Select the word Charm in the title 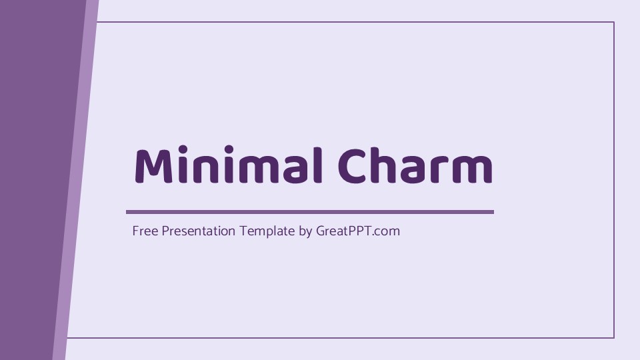[x=415, y=166]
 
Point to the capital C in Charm [x=352, y=167]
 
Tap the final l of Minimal [x=318, y=166]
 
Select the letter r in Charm [x=439, y=170]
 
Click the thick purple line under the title [x=310, y=212]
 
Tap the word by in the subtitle [x=305, y=232]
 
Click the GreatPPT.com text [x=358, y=231]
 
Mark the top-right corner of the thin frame [x=613, y=22]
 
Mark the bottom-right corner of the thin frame [x=613, y=338]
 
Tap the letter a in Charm [x=413, y=170]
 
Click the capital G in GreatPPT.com [x=321, y=231]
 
